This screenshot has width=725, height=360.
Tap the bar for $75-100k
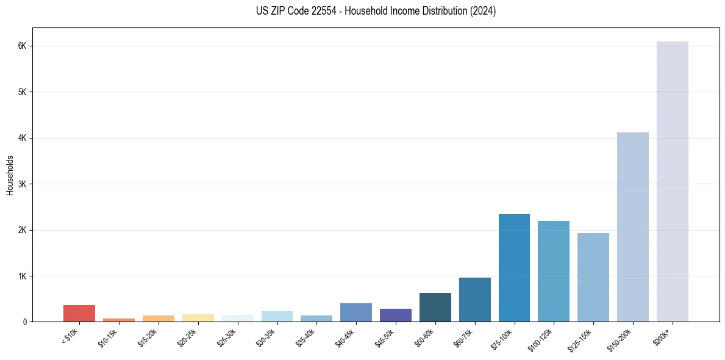tap(514, 268)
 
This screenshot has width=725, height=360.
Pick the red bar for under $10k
tap(79, 314)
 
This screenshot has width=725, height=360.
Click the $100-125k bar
tap(554, 272)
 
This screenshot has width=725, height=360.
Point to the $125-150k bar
tap(593, 278)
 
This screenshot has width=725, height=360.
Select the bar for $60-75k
tap(474, 300)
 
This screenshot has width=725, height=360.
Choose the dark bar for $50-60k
tap(435, 308)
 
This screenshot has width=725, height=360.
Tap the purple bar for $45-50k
tap(395, 315)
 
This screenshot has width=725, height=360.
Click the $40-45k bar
tap(356, 312)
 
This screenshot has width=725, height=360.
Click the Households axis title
tap(10, 175)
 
